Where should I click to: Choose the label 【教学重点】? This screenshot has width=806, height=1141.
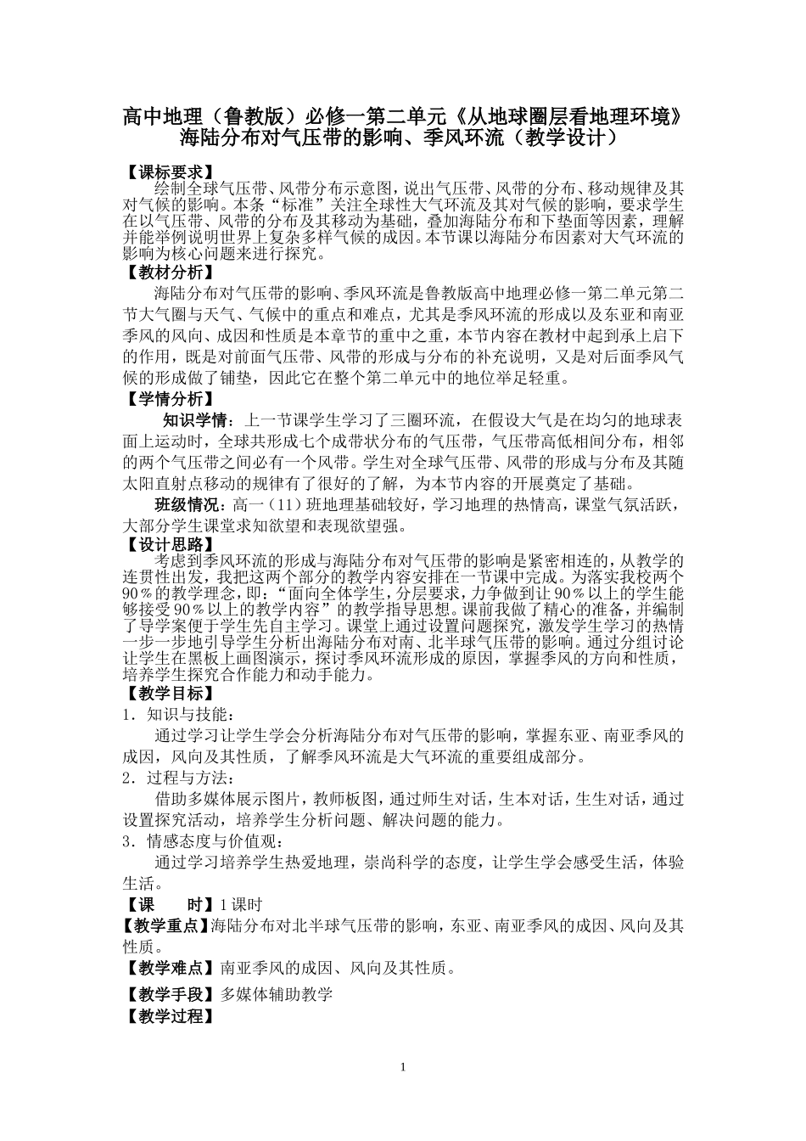[x=165, y=925]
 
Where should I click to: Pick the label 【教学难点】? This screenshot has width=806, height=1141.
[x=165, y=968]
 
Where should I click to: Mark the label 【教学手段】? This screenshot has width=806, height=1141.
[x=165, y=995]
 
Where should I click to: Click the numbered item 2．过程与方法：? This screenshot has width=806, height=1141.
[x=181, y=778]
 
